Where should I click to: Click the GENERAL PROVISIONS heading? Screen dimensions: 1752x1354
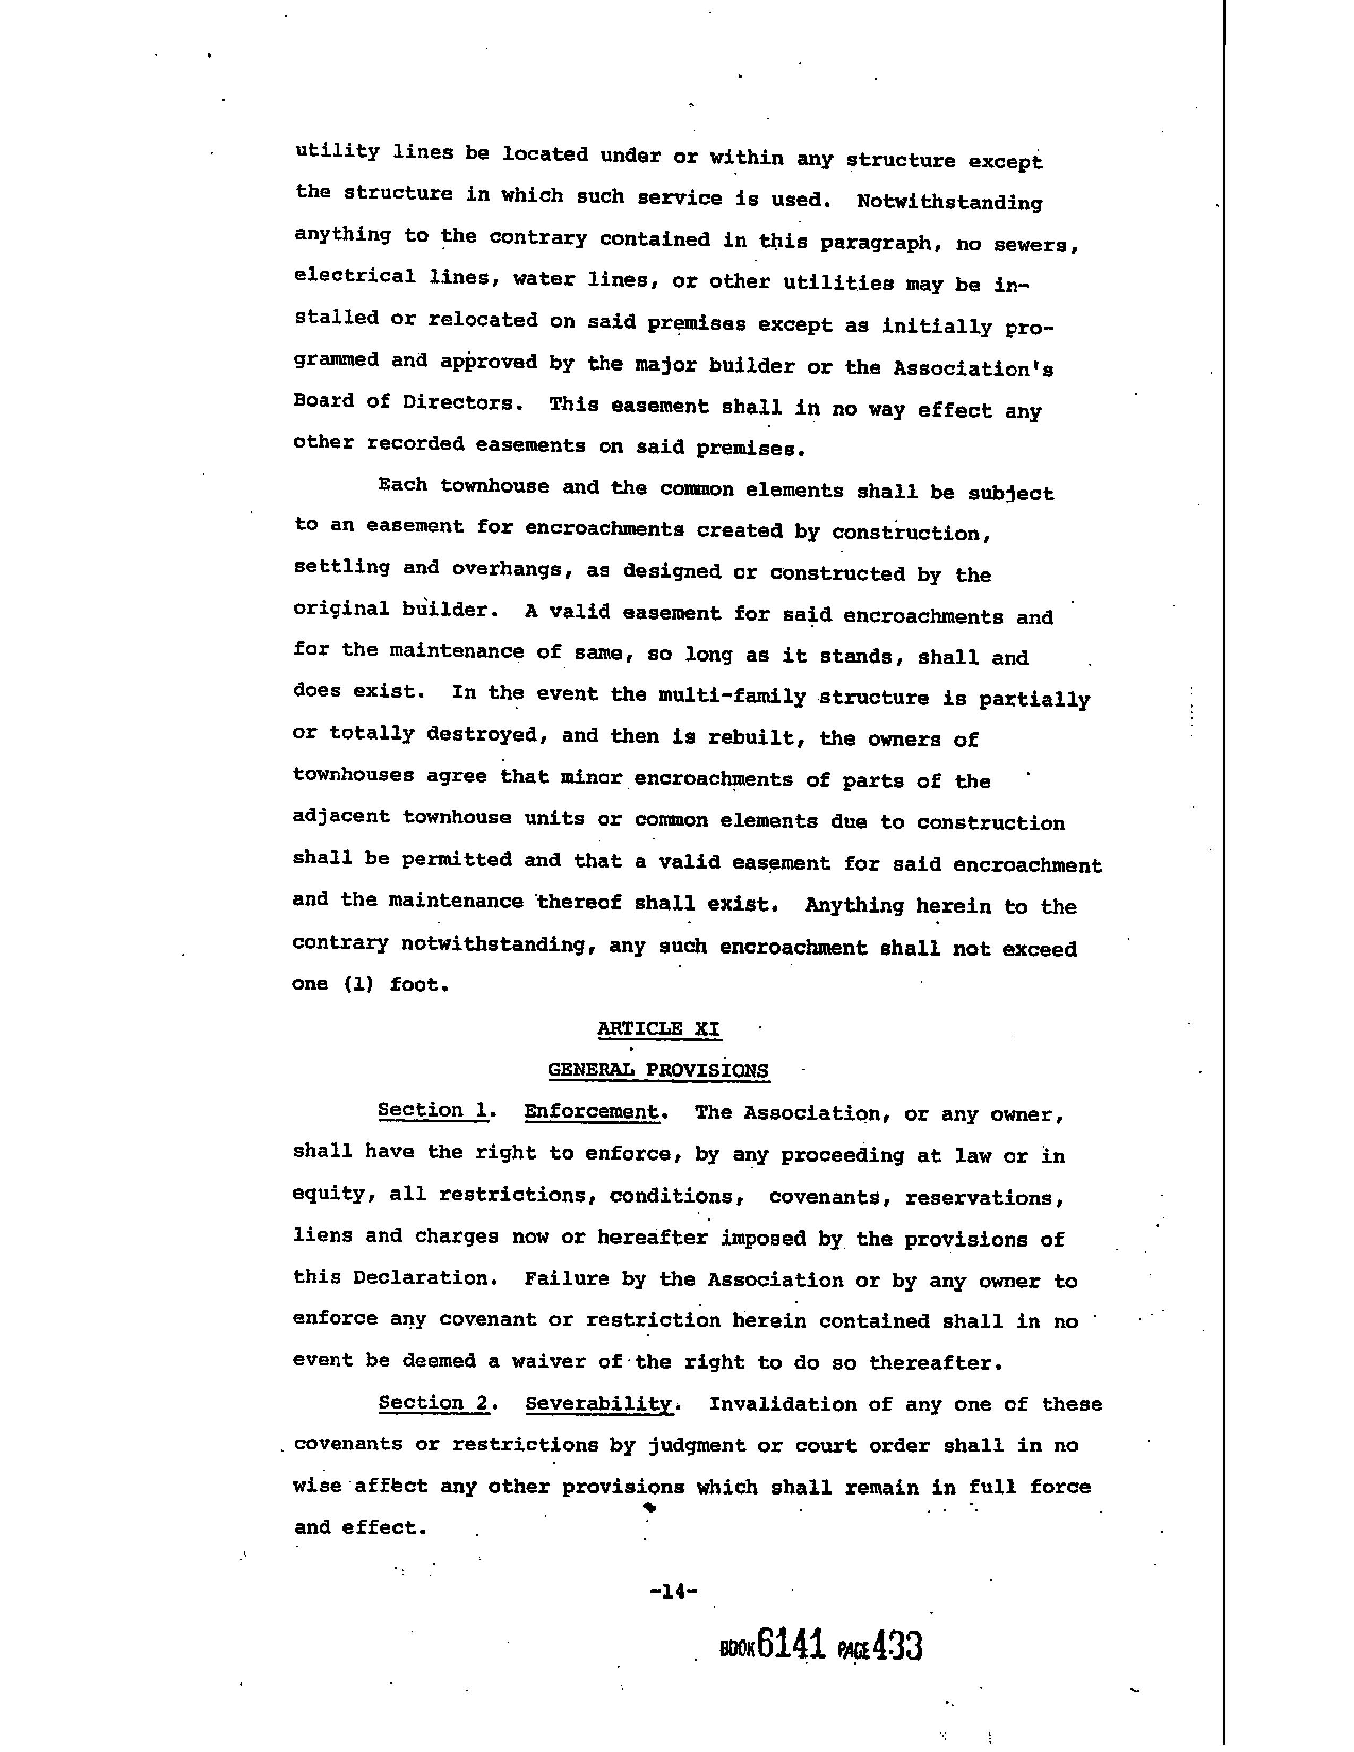pos(658,1070)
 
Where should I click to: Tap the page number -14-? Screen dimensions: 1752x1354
pos(673,1591)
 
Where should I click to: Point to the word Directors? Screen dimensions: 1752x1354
pos(457,403)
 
